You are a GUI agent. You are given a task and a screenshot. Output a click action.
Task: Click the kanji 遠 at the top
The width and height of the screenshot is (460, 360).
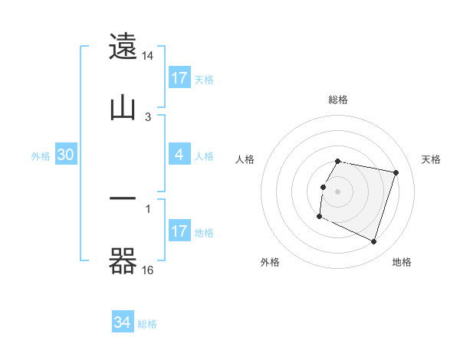tap(123, 47)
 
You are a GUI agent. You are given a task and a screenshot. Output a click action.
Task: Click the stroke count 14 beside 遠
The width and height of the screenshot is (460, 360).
tap(148, 57)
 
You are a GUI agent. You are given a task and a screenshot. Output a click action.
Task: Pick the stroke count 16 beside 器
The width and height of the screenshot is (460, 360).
tap(148, 270)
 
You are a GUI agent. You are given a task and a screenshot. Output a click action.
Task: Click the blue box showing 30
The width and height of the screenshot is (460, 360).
tap(66, 155)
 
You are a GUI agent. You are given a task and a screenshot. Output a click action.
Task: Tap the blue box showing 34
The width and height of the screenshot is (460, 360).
tap(123, 323)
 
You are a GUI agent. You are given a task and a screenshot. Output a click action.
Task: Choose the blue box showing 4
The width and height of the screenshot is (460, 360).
tap(179, 155)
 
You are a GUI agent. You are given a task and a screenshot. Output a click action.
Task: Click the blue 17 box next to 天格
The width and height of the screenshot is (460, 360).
tap(179, 78)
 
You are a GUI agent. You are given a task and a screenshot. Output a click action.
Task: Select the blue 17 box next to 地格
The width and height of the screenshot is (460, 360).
tap(179, 231)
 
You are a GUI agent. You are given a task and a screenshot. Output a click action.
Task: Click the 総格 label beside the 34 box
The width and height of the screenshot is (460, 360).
tap(147, 324)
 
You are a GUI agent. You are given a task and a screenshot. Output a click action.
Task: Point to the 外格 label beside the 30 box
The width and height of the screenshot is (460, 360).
tap(41, 156)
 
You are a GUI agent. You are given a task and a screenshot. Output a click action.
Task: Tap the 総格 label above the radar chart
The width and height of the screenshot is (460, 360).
tap(338, 100)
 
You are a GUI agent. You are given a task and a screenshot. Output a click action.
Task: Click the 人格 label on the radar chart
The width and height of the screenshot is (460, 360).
tap(245, 159)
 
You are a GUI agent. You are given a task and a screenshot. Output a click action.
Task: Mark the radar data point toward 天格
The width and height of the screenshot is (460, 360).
tap(396, 172)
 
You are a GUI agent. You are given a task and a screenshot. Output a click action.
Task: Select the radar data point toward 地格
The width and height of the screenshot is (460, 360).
tap(373, 242)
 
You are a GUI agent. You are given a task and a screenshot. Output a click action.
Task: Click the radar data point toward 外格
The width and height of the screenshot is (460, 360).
tap(319, 217)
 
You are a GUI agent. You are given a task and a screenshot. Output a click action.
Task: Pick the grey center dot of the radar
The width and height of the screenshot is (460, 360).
tap(338, 191)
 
